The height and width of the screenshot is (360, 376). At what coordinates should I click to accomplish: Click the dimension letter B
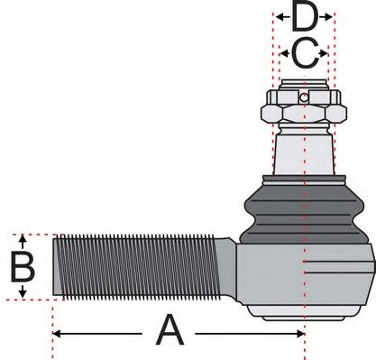[22, 268]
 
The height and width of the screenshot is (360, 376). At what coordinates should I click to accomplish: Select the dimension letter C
[306, 55]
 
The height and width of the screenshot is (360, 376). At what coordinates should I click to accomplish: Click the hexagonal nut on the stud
[304, 113]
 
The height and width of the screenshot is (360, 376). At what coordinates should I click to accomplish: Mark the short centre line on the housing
[338, 264]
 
